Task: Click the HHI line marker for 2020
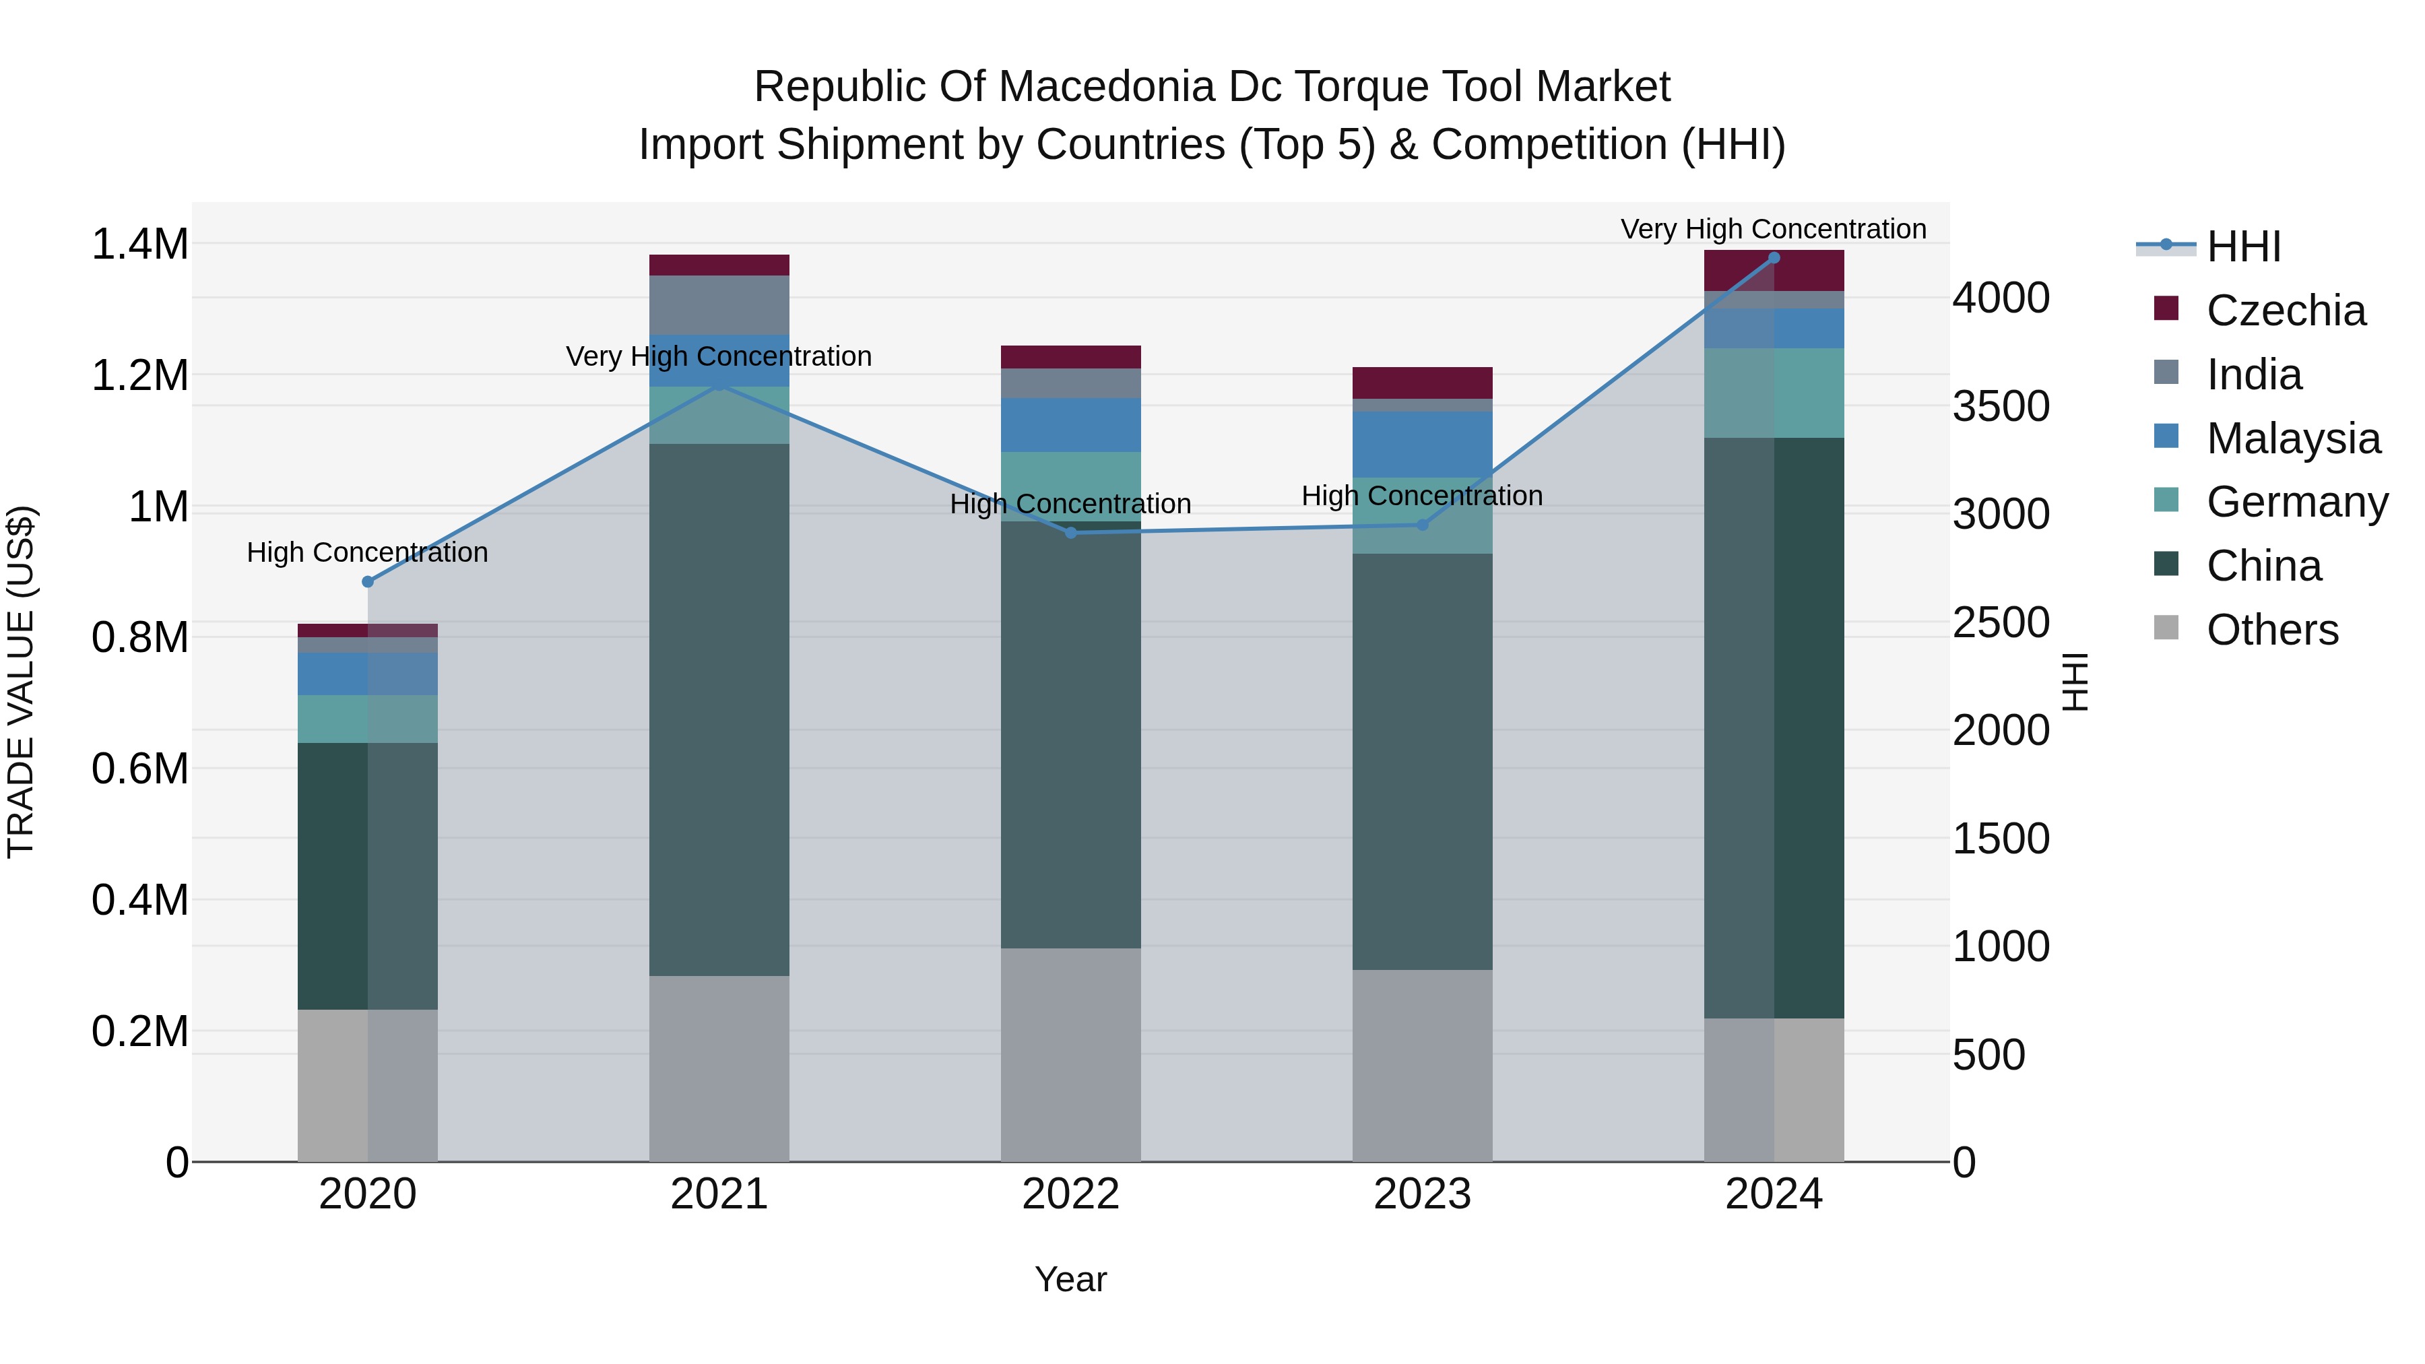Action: (367, 582)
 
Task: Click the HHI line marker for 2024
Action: (1774, 258)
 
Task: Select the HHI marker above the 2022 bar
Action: (1070, 533)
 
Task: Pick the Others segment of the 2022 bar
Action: (1070, 1054)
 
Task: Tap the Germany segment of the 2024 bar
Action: (1774, 393)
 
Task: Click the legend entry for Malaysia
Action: (2292, 439)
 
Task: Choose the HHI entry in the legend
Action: (2243, 247)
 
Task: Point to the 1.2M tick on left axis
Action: (139, 376)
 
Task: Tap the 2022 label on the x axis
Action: (1070, 1194)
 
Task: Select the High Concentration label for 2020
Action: (367, 552)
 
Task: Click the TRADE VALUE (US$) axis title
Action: (21, 682)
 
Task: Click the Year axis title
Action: (1070, 1279)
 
